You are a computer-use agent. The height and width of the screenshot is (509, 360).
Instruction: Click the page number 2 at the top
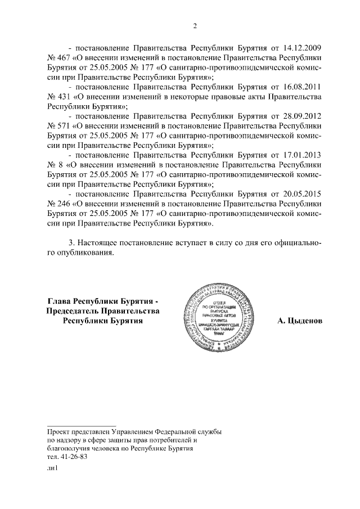pos(194,25)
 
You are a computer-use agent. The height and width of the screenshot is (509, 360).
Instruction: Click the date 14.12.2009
pos(303,48)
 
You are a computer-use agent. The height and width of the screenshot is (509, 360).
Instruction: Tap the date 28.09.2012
pos(303,116)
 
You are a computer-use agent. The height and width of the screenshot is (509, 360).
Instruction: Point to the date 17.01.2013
pos(303,155)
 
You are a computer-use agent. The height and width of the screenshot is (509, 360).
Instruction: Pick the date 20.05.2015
pos(303,193)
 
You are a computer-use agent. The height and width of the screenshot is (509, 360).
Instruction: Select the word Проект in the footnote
pos(58,430)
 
